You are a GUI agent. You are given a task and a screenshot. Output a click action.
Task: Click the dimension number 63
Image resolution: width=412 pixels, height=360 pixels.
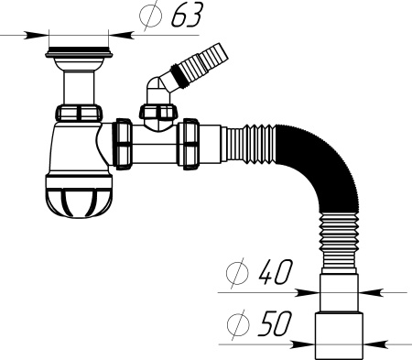(187, 16)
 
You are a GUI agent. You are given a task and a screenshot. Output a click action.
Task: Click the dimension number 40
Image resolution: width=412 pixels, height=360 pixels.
(275, 272)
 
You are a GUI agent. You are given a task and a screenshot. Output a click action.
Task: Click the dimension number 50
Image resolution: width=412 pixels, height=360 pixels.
(274, 323)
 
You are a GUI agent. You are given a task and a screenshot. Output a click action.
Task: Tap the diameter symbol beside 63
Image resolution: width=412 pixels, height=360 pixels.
(150, 15)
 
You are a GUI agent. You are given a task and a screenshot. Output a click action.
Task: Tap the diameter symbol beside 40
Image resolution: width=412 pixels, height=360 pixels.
(237, 273)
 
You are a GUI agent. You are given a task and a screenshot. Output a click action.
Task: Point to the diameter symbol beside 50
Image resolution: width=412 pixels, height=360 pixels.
(238, 324)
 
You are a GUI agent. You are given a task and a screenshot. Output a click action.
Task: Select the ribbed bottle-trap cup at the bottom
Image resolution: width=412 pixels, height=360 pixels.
(79, 196)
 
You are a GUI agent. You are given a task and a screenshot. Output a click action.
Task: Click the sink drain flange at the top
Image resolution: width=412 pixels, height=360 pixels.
(79, 52)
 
